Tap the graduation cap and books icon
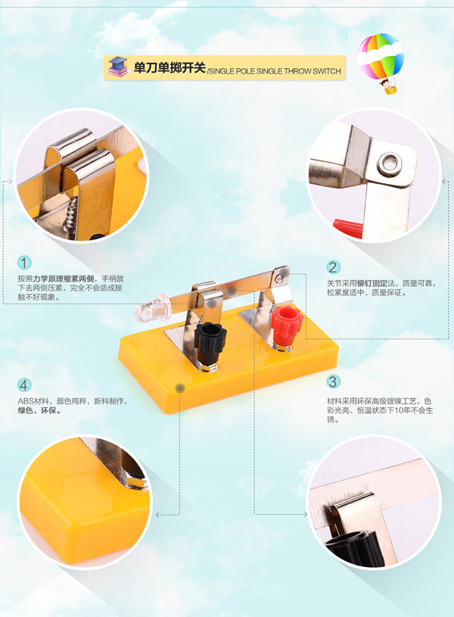click(x=117, y=67)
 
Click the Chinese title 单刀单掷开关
click(x=169, y=67)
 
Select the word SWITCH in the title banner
click(x=327, y=71)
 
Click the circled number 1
click(x=24, y=263)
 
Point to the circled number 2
click(x=333, y=267)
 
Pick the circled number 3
click(x=333, y=382)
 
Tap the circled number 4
click(x=24, y=385)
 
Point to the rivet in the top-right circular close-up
click(x=390, y=164)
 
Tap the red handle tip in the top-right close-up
click(x=348, y=228)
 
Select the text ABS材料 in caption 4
click(x=33, y=401)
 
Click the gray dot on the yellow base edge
click(x=180, y=389)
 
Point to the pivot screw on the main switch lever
click(x=280, y=277)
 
